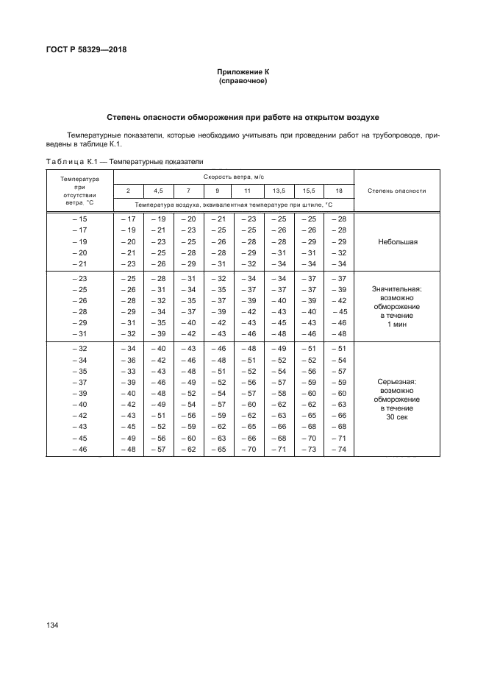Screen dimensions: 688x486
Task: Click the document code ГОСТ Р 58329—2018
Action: pyautogui.click(x=87, y=50)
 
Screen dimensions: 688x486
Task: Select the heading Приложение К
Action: pyautogui.click(x=243, y=72)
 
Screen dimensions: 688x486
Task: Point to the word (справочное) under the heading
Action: pyautogui.click(x=243, y=81)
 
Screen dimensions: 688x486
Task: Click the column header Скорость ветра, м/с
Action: pyautogui.click(x=233, y=177)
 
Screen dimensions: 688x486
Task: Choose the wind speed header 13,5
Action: pyautogui.click(x=279, y=191)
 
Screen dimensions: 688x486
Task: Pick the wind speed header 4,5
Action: pyautogui.click(x=158, y=191)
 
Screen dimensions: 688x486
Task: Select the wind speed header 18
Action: pyautogui.click(x=338, y=191)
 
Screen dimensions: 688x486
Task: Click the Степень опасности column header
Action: pyautogui.click(x=397, y=191)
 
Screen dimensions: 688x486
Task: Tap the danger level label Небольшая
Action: pyautogui.click(x=398, y=241)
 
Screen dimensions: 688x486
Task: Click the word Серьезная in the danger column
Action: pyautogui.click(x=398, y=382)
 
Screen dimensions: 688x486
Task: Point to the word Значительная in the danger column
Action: pyautogui.click(x=398, y=289)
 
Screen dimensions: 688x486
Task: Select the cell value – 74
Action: pyautogui.click(x=338, y=449)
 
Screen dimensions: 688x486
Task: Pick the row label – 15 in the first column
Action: pyautogui.click(x=79, y=219)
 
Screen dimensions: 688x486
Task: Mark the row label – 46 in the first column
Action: pyautogui.click(x=79, y=449)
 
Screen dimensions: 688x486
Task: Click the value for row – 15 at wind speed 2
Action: pyautogui.click(x=128, y=219)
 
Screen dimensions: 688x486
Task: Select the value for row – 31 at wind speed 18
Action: pyautogui.click(x=338, y=334)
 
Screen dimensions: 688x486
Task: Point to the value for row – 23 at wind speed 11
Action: pyautogui.click(x=249, y=277)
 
